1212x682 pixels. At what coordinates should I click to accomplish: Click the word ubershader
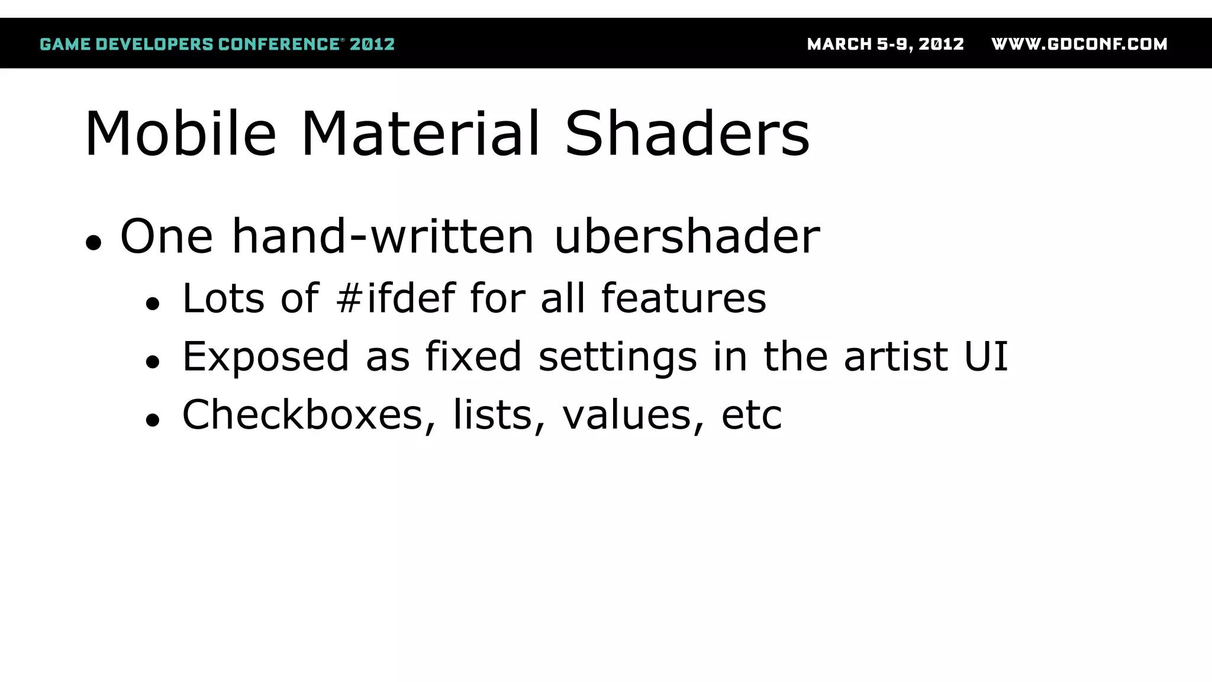tap(687, 236)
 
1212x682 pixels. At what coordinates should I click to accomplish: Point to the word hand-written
tap(383, 236)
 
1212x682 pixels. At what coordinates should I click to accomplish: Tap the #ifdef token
tap(396, 297)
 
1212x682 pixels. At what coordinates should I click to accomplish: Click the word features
tap(684, 297)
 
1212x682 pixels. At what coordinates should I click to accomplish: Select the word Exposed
tap(266, 356)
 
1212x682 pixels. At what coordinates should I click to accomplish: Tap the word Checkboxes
tap(303, 414)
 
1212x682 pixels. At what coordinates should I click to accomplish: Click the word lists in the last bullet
tap(493, 414)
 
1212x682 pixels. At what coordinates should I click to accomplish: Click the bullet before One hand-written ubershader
tap(94, 242)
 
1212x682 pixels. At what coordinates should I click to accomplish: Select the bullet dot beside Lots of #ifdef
tap(153, 304)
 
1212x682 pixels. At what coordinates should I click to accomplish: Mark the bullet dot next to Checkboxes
tap(153, 420)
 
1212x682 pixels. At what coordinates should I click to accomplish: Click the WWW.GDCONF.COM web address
tap(1079, 44)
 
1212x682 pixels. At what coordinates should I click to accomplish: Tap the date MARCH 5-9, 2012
tap(885, 44)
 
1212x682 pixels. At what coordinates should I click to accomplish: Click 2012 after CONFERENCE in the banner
tap(372, 44)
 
